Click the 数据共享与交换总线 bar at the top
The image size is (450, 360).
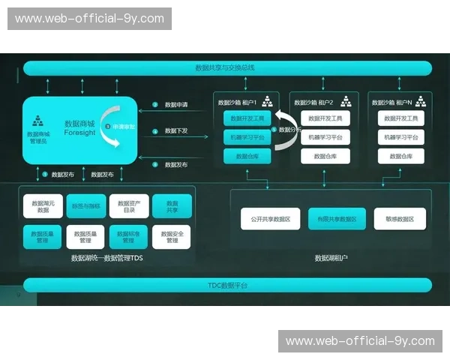click(x=225, y=67)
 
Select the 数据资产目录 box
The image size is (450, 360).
click(x=128, y=206)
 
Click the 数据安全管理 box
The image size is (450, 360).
click(x=172, y=237)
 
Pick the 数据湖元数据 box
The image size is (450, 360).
click(x=42, y=206)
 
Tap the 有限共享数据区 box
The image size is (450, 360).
click(x=337, y=219)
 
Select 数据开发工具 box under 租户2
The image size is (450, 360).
click(x=325, y=118)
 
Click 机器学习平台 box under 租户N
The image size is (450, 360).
click(x=400, y=137)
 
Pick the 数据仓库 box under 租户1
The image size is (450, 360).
click(x=247, y=156)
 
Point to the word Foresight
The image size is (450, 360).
click(x=79, y=133)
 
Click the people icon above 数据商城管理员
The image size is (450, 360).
click(x=37, y=120)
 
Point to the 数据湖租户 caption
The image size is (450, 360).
click(x=331, y=258)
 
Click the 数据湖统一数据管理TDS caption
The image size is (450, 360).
click(x=106, y=258)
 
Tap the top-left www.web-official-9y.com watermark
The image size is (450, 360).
click(x=89, y=18)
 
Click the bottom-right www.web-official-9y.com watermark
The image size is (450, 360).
click(x=360, y=341)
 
